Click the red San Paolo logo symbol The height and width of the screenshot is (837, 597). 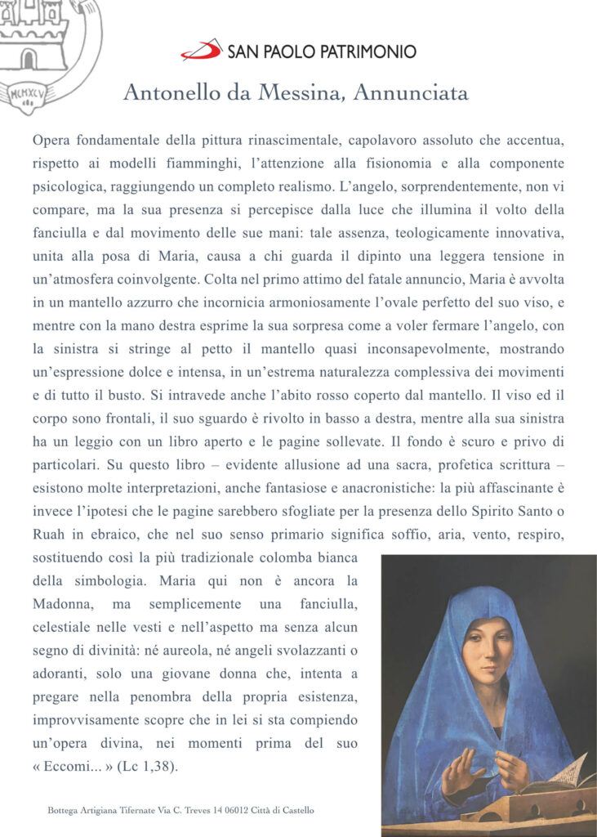[x=201, y=50]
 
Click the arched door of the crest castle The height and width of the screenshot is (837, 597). [x=29, y=59]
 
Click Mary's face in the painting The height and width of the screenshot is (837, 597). [x=487, y=649]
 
